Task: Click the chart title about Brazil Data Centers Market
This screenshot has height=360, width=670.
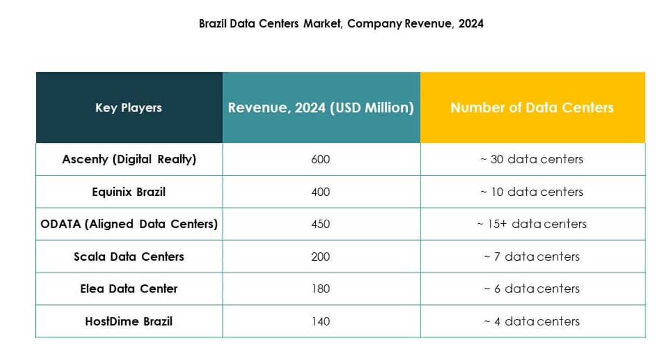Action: coord(341,24)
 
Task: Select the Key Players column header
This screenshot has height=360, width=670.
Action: coord(128,108)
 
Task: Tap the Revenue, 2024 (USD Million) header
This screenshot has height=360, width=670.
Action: coord(321,108)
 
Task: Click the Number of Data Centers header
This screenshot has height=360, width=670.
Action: coord(532,108)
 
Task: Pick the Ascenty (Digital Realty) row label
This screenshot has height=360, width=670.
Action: coord(129,159)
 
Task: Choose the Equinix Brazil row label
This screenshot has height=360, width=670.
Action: coord(129,192)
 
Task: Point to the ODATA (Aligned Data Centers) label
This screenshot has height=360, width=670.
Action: coord(129,224)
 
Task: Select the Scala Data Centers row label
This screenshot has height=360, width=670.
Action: coord(129,257)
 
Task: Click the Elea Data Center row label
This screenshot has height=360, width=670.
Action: coord(129,289)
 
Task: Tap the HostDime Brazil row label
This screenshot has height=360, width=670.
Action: coord(129,321)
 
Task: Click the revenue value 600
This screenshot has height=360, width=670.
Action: coord(320,159)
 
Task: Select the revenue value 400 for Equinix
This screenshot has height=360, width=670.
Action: coord(320,192)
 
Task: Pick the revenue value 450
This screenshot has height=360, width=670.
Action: coord(320,224)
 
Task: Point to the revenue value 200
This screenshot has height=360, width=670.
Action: coord(320,257)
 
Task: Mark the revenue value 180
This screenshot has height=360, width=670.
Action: coord(320,289)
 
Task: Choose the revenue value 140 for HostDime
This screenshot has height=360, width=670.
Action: coord(320,322)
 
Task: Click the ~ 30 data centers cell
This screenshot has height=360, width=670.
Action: coord(532,159)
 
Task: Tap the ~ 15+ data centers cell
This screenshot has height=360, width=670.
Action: coord(532,224)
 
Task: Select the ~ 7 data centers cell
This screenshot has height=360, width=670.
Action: coord(532,257)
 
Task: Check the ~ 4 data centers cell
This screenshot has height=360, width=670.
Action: coord(532,322)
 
